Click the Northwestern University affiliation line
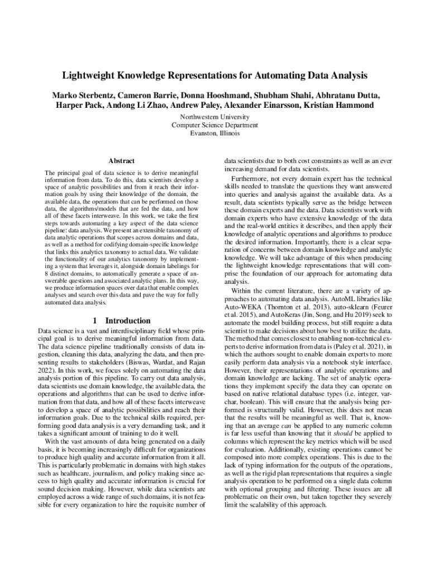pos(215,117)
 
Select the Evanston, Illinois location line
pos(215,134)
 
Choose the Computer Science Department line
pos(215,125)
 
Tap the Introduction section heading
pos(128,321)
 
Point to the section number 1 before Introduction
pos(96,321)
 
